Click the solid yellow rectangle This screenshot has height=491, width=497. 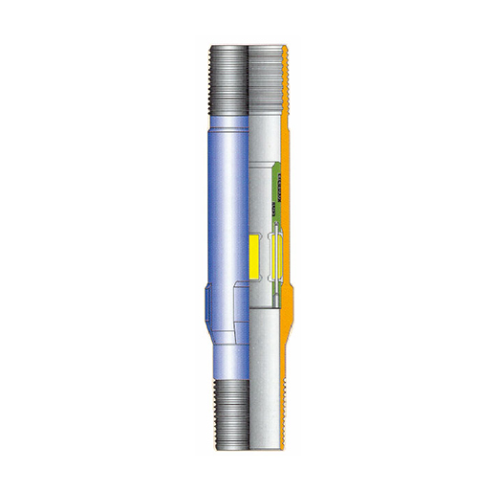pyautogui.click(x=255, y=257)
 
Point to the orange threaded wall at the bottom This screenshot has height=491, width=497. pyautogui.click(x=286, y=412)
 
